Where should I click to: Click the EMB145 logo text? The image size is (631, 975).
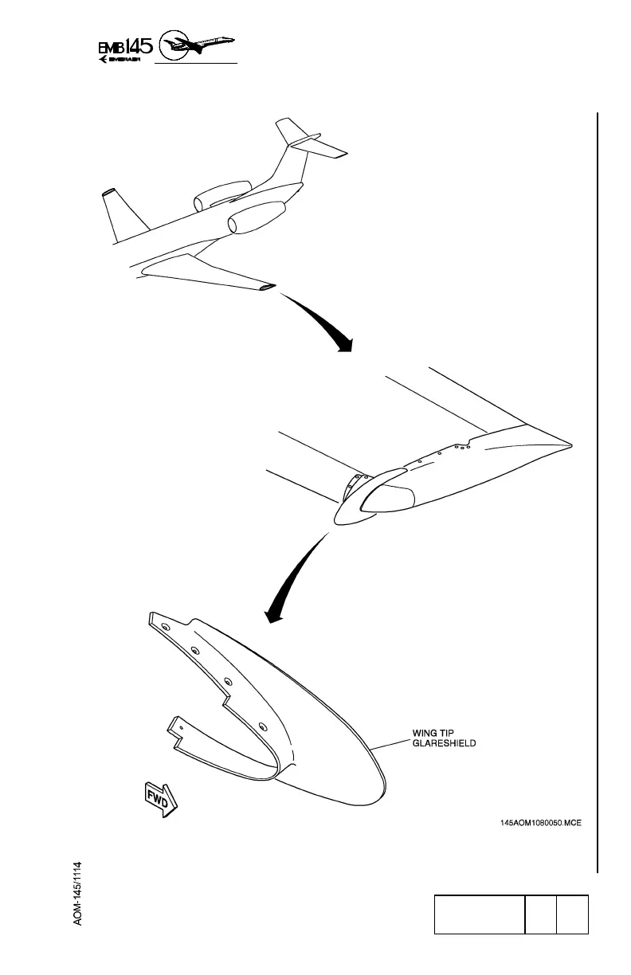[123, 46]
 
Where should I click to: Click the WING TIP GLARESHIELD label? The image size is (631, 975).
[444, 738]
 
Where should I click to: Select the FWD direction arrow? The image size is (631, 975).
[161, 799]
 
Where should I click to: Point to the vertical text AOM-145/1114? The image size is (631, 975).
[78, 892]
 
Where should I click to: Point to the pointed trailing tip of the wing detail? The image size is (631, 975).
[567, 442]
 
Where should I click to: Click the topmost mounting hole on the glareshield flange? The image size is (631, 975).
[164, 628]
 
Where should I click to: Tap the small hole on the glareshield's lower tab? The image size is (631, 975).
[181, 726]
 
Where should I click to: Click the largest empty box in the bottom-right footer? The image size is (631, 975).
[478, 914]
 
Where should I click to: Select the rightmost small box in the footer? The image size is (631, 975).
[573, 914]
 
